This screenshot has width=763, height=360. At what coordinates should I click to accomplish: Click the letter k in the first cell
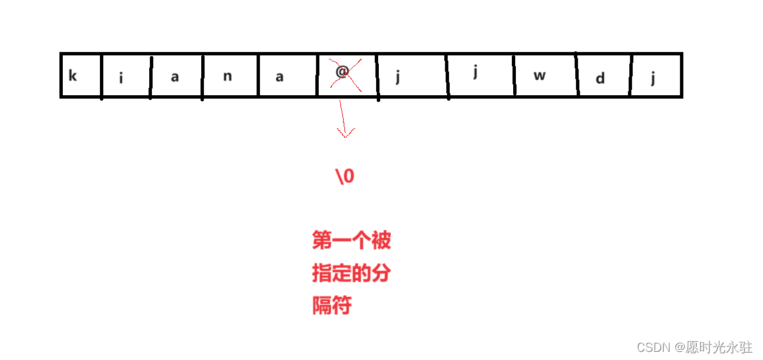click(x=73, y=76)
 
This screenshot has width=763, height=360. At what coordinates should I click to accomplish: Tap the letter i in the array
click(x=122, y=78)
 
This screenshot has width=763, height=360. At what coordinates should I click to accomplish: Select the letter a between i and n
click(x=175, y=77)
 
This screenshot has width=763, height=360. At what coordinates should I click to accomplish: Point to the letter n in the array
click(x=228, y=76)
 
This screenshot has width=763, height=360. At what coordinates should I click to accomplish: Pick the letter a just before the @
click(x=280, y=76)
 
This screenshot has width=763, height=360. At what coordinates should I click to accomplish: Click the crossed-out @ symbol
click(x=342, y=72)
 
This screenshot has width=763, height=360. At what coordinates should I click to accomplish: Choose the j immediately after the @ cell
click(x=398, y=76)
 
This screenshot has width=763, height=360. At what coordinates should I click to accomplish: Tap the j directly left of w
click(x=475, y=72)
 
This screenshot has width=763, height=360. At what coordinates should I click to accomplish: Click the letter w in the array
click(x=539, y=76)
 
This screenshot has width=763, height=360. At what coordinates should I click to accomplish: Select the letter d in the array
click(x=600, y=79)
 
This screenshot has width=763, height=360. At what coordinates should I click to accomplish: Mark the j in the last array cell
click(x=653, y=78)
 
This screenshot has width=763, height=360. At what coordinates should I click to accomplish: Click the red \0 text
click(x=344, y=176)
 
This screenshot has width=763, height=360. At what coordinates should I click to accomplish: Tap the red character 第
click(x=321, y=240)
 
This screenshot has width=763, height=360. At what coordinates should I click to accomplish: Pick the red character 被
click(x=380, y=240)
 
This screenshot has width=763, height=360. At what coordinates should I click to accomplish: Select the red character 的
click(x=361, y=274)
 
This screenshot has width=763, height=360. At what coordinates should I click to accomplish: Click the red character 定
click(x=341, y=274)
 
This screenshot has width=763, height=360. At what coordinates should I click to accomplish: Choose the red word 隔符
click(x=332, y=306)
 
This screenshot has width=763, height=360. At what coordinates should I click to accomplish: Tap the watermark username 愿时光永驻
click(x=718, y=347)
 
